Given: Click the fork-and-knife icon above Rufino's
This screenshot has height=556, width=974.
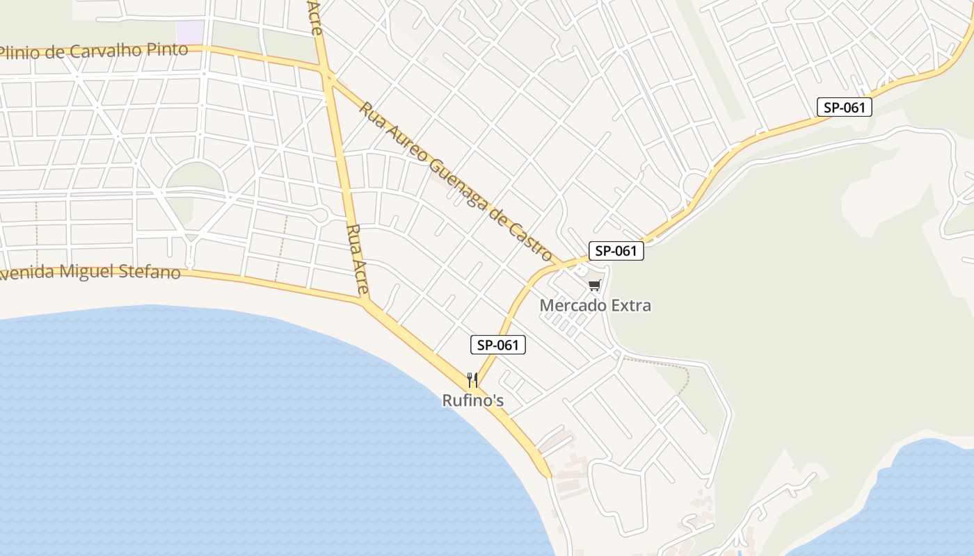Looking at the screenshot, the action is click(x=472, y=379).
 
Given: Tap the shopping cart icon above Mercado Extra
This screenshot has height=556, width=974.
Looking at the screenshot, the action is click(x=594, y=285).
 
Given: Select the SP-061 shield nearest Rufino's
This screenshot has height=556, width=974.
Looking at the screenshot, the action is click(x=497, y=345).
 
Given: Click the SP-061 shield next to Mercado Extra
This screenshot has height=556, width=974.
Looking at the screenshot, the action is click(x=616, y=251).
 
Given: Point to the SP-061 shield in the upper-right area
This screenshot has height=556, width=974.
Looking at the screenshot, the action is click(x=845, y=107).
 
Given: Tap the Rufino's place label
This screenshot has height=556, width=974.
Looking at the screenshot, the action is click(x=473, y=401).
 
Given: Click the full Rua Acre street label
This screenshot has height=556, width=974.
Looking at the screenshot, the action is click(x=357, y=259).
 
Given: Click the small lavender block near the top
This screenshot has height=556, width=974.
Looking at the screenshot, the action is click(x=190, y=31).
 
